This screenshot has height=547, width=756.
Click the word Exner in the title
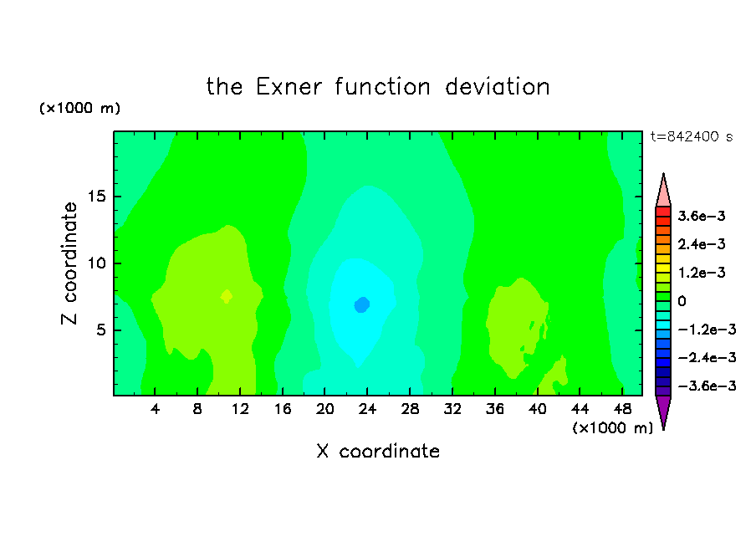(289, 87)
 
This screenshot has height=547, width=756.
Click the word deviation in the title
(497, 87)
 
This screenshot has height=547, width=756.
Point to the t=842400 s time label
(692, 137)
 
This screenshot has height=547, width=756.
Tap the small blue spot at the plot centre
(362, 304)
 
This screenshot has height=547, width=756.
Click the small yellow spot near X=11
(227, 296)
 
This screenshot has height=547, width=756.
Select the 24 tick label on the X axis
(367, 409)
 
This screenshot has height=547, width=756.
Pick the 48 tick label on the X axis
(622, 409)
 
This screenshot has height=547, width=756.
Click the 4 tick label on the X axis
(155, 409)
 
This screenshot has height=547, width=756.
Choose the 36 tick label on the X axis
(495, 409)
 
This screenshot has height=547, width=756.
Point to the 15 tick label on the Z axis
(96, 197)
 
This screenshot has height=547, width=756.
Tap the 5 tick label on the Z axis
(100, 330)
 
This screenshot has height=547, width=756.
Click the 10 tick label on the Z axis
(96, 263)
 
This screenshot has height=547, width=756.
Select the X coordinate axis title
(378, 452)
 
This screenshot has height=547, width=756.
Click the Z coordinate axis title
(69, 263)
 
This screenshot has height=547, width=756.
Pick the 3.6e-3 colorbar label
(702, 216)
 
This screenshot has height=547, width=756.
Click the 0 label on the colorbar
(682, 301)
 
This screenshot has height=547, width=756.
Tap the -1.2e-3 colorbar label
(707, 330)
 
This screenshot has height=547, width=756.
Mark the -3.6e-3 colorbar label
(707, 386)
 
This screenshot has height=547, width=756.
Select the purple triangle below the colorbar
(663, 410)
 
